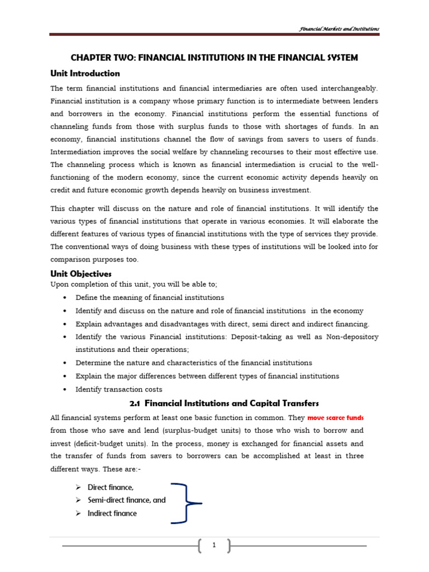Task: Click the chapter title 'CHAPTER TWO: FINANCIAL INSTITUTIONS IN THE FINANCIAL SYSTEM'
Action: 213,58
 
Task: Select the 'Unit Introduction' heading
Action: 85,73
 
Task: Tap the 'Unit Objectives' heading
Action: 81,274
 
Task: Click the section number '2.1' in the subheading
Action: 135,403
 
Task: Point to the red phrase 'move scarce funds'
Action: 336,418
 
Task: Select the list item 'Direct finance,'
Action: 110,487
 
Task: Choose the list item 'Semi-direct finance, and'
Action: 126,500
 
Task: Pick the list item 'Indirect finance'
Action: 112,513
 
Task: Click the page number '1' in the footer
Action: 213,546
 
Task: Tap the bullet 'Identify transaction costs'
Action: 119,389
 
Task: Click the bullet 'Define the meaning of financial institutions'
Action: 150,297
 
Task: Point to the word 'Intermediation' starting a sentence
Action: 74,151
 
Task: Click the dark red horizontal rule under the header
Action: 214,35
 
